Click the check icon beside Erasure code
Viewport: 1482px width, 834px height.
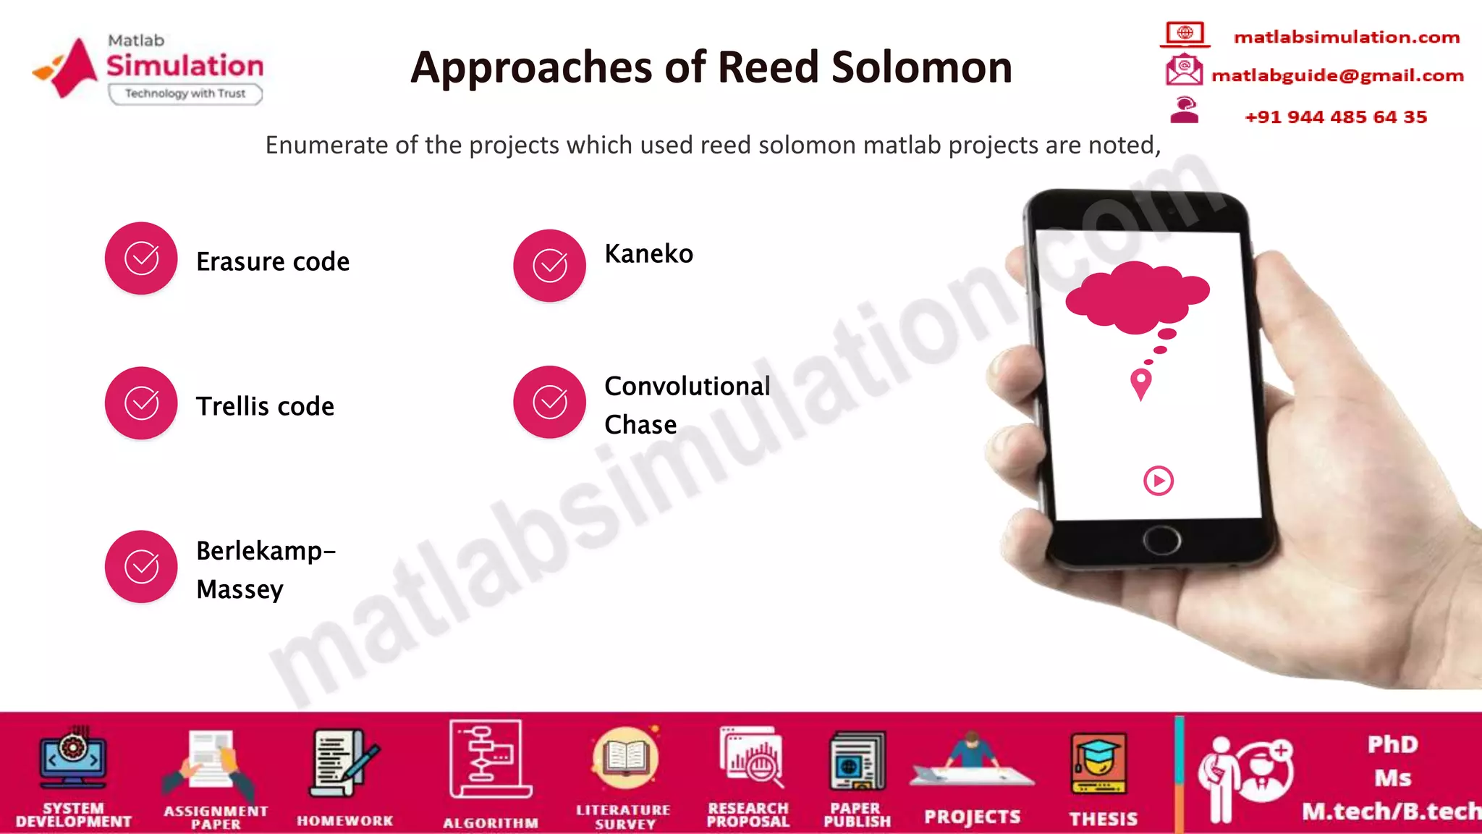(141, 258)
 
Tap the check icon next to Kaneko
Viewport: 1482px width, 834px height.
(549, 265)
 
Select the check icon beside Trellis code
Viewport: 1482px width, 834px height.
(141, 403)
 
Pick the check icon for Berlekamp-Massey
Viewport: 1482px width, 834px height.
(141, 567)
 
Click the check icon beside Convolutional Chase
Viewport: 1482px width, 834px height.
(549, 402)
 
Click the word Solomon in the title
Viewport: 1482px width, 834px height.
(921, 67)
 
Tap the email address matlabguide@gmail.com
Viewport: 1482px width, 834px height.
(1337, 75)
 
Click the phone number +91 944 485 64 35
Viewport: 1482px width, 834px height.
(1335, 117)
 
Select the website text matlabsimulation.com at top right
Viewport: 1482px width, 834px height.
(1346, 37)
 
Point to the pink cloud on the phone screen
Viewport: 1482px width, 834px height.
(1136, 295)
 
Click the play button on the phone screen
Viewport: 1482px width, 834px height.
(1158, 481)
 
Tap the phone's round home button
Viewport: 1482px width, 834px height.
(1161, 540)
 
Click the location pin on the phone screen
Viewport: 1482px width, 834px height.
(1141, 383)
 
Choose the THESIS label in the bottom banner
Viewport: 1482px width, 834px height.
(1103, 819)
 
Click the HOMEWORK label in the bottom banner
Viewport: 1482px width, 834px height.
(344, 820)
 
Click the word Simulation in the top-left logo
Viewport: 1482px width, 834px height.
(185, 66)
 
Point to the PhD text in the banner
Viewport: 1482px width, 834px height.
(1392, 744)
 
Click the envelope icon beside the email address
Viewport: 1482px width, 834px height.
(1183, 70)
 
